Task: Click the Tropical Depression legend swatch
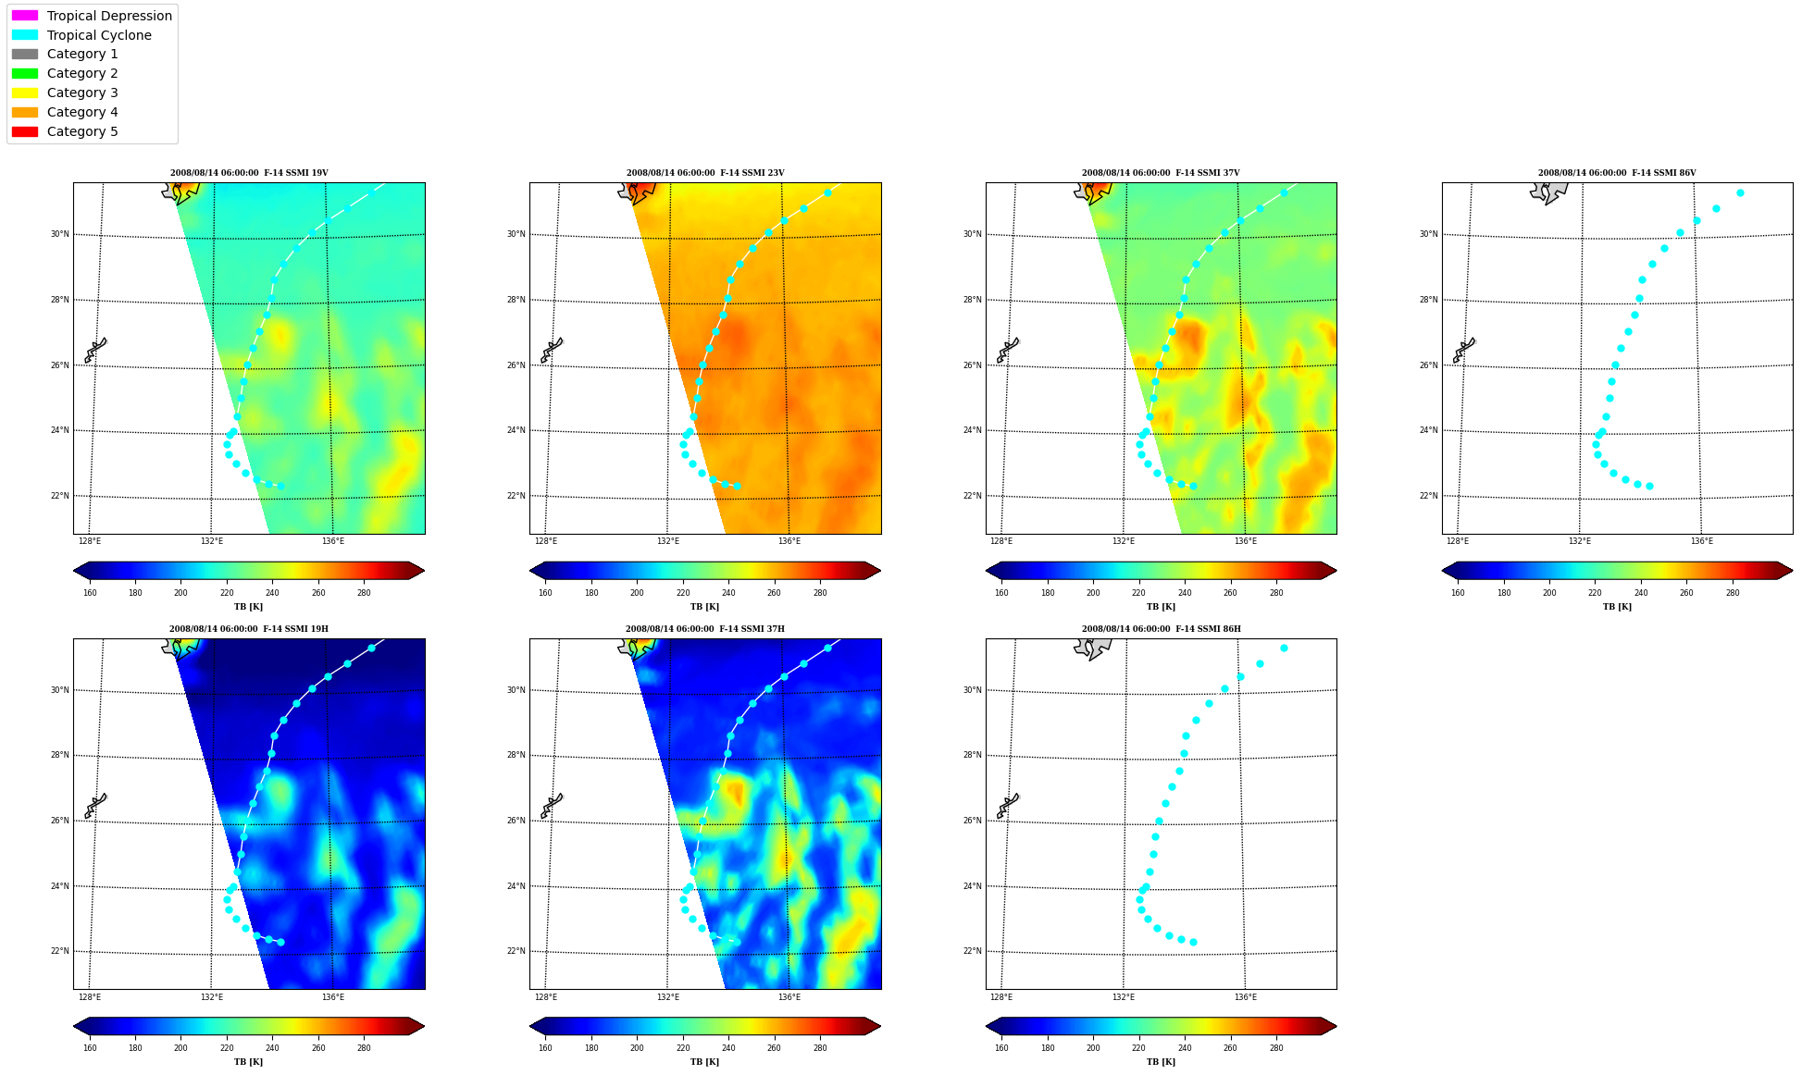coord(25,16)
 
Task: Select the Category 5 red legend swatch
coord(25,131)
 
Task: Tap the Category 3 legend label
coord(82,93)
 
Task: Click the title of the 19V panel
coord(249,173)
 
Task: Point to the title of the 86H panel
coord(1162,629)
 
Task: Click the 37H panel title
coord(705,629)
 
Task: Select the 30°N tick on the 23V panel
coord(516,234)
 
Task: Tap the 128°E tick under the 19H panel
coord(90,997)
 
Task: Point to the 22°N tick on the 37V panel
coord(972,496)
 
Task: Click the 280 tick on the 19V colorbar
coord(364,593)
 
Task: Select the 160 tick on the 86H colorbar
coord(1001,1048)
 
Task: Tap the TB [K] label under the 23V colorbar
coord(704,607)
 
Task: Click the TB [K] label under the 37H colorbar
coord(704,1062)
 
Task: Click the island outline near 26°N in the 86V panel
coord(1464,350)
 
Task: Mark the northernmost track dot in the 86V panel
coord(1740,192)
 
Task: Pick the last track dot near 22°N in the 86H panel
coord(1193,942)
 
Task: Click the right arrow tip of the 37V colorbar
coord(1336,571)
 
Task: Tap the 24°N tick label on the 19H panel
coord(59,886)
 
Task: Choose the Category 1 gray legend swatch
coord(25,54)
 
